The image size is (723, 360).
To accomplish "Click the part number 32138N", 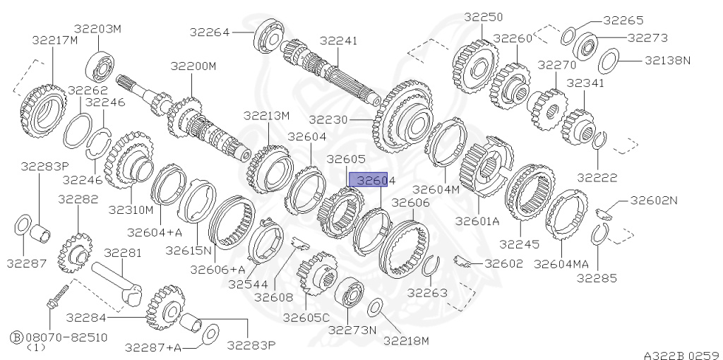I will (x=667, y=61).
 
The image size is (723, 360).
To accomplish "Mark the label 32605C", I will (x=306, y=318).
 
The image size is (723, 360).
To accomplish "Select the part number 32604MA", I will (x=561, y=263).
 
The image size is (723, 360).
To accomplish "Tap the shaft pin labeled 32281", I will (x=116, y=279).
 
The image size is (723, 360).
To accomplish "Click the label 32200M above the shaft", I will (x=193, y=66).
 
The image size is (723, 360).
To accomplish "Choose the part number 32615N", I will (x=189, y=250).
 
